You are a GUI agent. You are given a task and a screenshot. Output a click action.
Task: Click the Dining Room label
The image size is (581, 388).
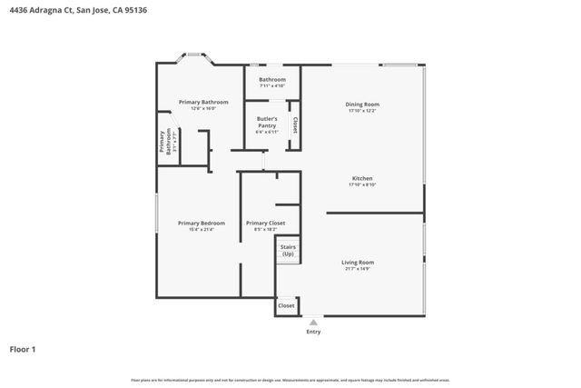(x=362, y=104)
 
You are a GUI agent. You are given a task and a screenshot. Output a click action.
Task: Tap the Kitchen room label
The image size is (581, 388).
(x=362, y=178)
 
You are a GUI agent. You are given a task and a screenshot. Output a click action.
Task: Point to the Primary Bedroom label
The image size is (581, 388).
(x=201, y=223)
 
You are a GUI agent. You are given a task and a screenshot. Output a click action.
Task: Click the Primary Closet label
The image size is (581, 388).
(x=266, y=223)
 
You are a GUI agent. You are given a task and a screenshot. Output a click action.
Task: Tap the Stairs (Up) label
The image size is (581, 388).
(x=288, y=250)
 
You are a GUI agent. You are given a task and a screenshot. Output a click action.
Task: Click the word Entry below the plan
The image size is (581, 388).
(x=313, y=332)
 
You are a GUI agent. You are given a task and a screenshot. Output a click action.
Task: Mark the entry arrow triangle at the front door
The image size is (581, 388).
(x=313, y=322)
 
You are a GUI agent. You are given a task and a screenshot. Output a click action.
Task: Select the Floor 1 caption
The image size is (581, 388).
(x=23, y=349)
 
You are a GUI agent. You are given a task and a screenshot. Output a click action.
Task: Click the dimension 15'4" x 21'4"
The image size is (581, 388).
(x=201, y=229)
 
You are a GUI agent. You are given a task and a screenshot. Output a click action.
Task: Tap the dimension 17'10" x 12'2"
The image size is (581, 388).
(x=362, y=111)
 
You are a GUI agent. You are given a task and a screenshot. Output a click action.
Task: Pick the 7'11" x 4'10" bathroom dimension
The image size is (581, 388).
(x=272, y=85)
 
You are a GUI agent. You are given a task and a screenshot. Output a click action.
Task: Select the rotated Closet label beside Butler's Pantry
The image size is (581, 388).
(x=294, y=124)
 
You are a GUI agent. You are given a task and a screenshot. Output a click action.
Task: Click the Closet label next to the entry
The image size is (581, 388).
(x=286, y=306)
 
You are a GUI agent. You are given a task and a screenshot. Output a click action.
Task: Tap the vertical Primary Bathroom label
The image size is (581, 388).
(x=165, y=143)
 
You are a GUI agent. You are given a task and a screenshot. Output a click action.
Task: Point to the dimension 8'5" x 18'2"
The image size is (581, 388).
(x=266, y=229)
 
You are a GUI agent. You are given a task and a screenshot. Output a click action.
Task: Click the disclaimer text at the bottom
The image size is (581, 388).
(x=290, y=380)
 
